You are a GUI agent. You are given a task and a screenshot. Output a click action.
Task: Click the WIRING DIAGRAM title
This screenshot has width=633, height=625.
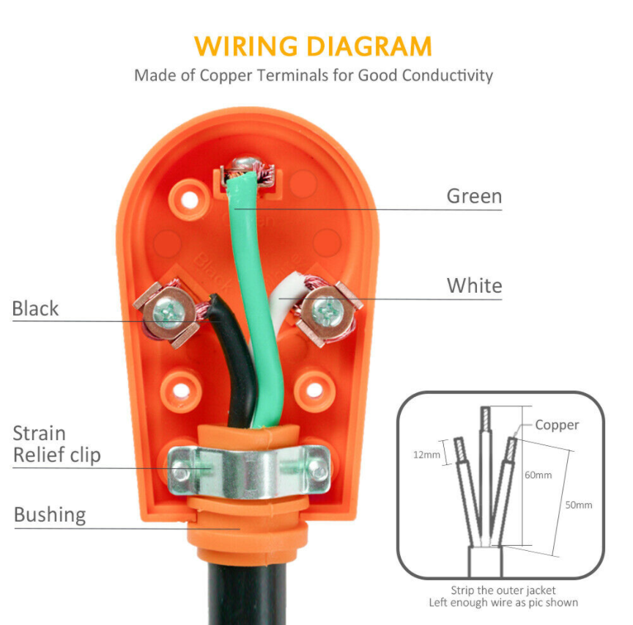(314, 45)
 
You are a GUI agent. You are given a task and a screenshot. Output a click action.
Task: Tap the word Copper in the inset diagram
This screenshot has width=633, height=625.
(557, 425)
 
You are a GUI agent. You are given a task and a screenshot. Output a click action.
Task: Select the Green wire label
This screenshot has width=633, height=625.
(474, 197)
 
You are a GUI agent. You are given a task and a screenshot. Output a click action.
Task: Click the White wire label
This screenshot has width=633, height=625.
(474, 285)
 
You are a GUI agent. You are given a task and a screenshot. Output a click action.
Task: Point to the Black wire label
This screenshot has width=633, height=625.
(35, 309)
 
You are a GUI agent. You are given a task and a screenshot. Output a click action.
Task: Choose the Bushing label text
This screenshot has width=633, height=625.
(50, 515)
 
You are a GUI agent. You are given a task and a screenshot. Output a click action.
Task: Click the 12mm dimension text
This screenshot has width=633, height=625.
(426, 455)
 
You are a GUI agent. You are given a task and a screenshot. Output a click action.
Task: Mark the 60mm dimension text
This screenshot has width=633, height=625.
(538, 475)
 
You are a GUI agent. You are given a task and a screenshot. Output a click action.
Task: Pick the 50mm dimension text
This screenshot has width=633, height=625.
(579, 505)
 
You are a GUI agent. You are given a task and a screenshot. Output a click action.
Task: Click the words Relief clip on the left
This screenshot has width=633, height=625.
(56, 456)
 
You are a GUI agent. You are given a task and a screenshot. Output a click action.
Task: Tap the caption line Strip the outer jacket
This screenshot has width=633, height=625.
(503, 590)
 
